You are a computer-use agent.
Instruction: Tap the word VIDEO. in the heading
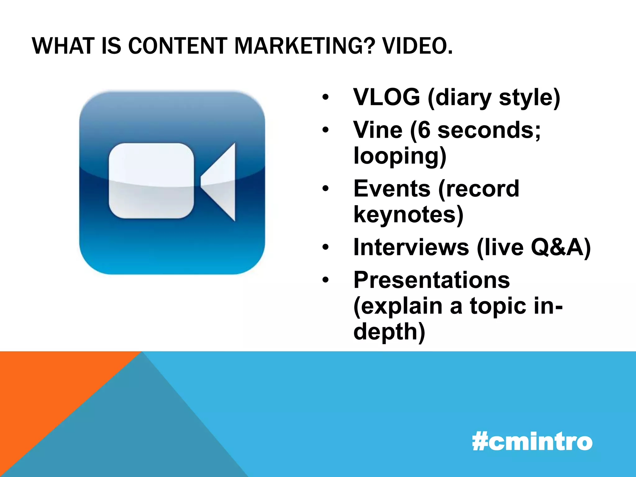[x=417, y=46]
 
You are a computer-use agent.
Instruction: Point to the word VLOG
[x=387, y=97]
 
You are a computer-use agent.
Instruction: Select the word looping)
[x=400, y=156]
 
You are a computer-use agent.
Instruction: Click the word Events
[x=392, y=189]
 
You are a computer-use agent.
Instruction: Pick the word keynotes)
[x=408, y=215]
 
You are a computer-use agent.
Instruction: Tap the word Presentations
[x=432, y=280]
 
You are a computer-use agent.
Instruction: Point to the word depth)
[x=389, y=332]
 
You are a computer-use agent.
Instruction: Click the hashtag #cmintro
[x=532, y=442]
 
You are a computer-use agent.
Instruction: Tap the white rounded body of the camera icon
[x=151, y=181]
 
